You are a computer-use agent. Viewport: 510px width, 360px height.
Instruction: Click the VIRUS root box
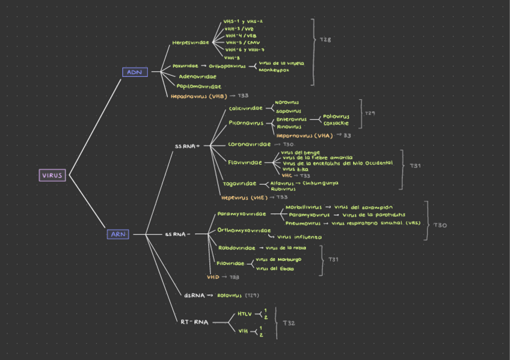point(52,175)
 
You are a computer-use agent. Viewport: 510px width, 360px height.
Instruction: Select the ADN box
point(134,72)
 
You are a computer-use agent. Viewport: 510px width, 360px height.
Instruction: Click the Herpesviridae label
point(191,43)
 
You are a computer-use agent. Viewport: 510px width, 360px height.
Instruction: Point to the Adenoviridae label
point(198,76)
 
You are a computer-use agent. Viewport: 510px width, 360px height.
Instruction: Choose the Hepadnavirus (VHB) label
point(198,96)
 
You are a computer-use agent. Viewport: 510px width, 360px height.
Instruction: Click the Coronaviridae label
point(249,144)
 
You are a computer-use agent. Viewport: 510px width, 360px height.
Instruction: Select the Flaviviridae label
point(245,162)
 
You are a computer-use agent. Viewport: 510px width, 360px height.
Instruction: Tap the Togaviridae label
point(239,183)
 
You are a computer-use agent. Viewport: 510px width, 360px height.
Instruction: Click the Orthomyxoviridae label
point(244,230)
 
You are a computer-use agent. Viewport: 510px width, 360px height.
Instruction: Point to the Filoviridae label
point(230,263)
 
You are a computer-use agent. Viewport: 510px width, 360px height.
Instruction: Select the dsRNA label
point(194,295)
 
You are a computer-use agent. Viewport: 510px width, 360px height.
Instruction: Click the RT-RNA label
point(194,322)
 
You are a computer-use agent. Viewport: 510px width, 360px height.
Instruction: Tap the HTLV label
point(244,314)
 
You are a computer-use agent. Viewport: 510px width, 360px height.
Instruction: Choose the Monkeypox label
point(274,70)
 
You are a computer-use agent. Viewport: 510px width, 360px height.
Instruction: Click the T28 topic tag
point(325,40)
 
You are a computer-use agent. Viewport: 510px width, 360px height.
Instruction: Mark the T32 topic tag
point(289,323)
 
